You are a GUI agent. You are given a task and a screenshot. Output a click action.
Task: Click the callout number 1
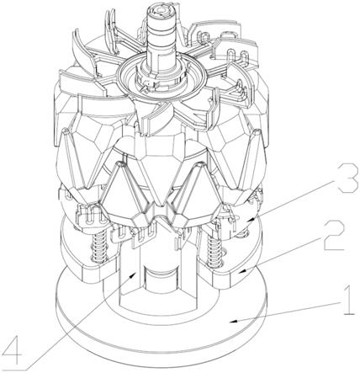coord(347,301)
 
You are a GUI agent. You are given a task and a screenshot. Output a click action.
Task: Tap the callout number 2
coord(334,235)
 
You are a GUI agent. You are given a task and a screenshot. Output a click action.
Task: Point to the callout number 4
coord(11,351)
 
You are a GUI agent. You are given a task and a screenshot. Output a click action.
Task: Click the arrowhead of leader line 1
coord(233,321)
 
